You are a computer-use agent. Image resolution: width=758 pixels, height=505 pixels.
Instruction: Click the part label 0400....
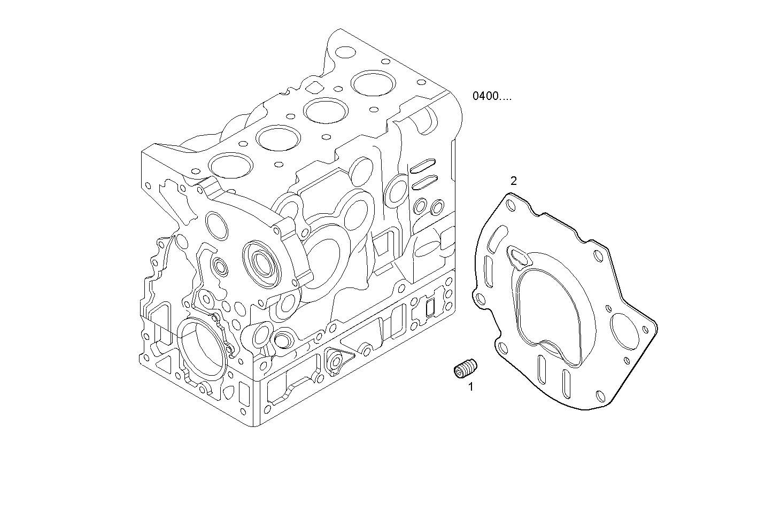click(491, 96)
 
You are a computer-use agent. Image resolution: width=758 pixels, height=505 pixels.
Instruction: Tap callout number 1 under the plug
click(471, 386)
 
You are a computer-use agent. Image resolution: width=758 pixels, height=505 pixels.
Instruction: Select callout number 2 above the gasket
click(514, 181)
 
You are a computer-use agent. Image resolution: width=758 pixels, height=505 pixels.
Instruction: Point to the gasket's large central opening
click(551, 313)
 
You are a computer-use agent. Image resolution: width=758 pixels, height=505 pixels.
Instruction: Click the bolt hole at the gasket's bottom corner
click(601, 396)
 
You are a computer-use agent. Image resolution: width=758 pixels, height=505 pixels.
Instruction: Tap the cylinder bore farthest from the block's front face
click(373, 83)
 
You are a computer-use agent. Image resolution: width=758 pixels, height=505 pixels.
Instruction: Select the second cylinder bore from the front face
click(277, 137)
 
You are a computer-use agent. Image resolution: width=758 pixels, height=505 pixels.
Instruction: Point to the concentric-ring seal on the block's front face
click(261, 262)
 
